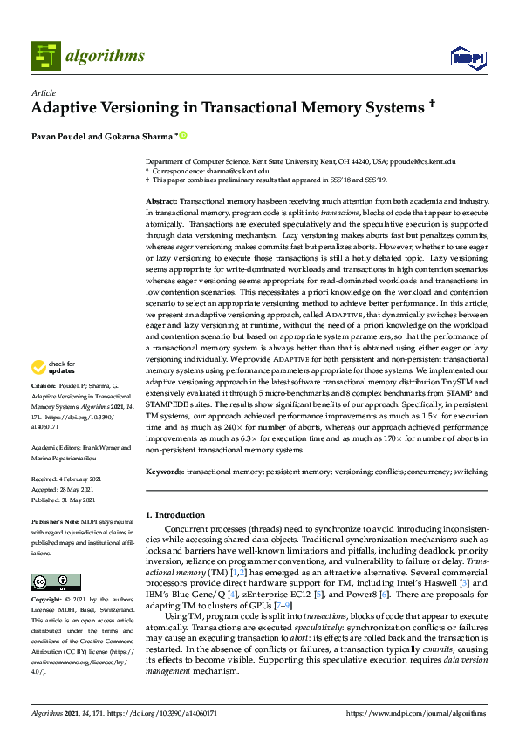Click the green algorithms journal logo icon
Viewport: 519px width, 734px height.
(x=45, y=56)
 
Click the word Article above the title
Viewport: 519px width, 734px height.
(x=43, y=93)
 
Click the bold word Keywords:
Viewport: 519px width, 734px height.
(x=164, y=472)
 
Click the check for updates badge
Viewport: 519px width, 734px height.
(x=51, y=391)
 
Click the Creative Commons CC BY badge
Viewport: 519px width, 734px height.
(x=51, y=582)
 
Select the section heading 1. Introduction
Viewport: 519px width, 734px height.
(x=176, y=515)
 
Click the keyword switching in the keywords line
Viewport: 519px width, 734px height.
(x=470, y=472)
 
